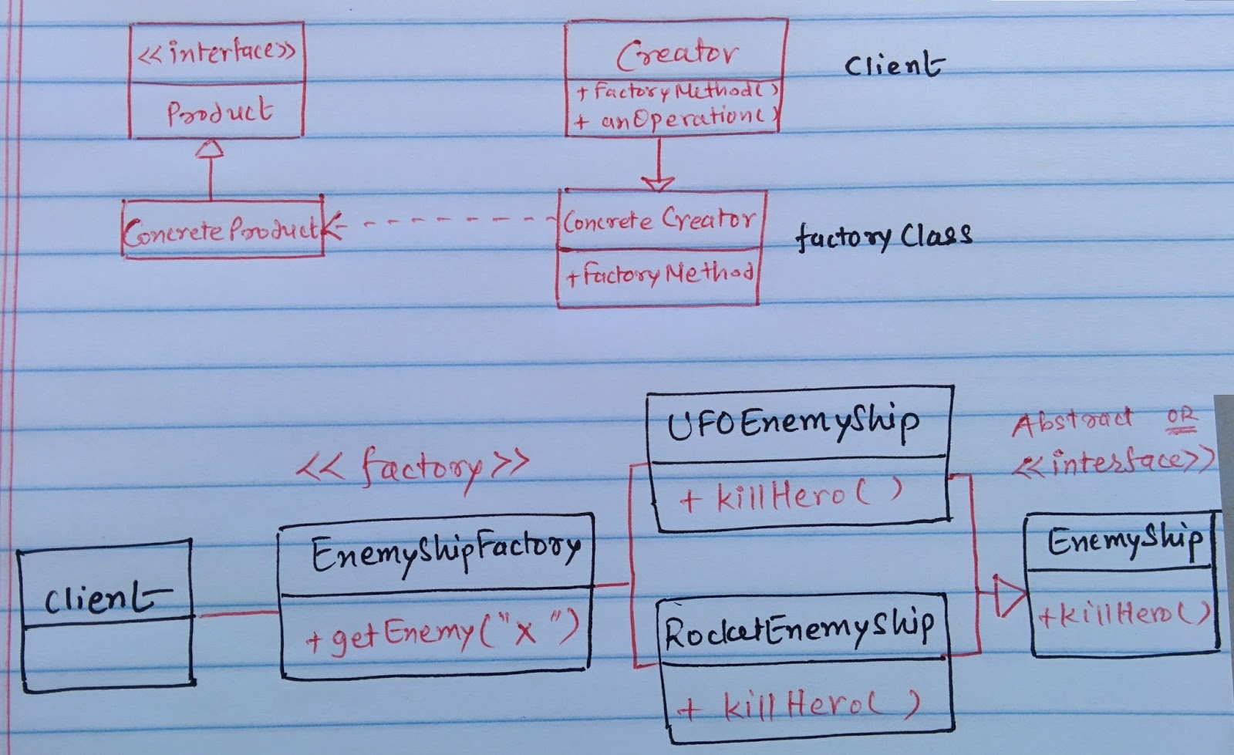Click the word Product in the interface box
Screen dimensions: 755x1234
click(x=219, y=112)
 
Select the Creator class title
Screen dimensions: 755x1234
click(x=676, y=53)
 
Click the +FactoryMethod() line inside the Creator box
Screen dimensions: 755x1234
click(x=677, y=92)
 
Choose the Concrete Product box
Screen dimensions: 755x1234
click(x=222, y=228)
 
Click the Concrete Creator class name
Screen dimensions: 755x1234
click(x=659, y=221)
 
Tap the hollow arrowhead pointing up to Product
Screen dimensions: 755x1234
click(x=210, y=148)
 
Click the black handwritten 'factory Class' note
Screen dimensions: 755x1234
click(x=882, y=236)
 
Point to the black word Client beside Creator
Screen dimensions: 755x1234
click(x=893, y=66)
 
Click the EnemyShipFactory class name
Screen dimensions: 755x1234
click(x=445, y=553)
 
